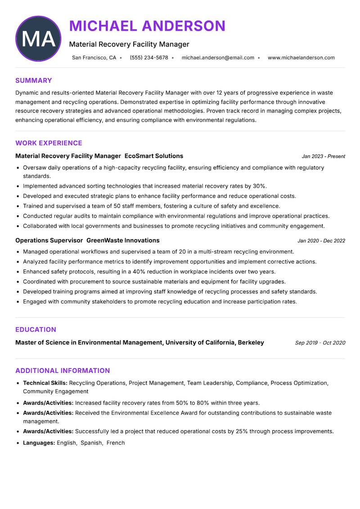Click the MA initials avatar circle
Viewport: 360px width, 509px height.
point(38,39)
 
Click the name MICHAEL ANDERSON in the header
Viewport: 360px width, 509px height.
point(147,26)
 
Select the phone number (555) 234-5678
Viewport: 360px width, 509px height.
point(149,58)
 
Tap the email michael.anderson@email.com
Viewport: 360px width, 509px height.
point(218,58)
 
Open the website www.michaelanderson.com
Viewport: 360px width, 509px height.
point(301,58)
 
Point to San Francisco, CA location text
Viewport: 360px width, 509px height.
point(94,58)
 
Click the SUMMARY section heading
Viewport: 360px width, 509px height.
point(34,81)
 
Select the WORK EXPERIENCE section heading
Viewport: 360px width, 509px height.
point(49,143)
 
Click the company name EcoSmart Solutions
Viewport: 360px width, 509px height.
point(154,156)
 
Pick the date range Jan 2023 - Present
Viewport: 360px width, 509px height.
point(323,156)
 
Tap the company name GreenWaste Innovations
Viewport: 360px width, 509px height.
point(123,241)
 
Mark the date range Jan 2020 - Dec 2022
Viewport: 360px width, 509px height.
point(321,241)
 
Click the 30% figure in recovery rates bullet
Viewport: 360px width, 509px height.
point(259,186)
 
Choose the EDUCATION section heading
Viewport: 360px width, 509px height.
point(36,330)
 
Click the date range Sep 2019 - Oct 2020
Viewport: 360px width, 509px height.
point(320,343)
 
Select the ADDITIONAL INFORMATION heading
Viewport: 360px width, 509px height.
point(63,371)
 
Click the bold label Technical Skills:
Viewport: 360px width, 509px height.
point(45,383)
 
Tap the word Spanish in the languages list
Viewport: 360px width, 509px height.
point(91,443)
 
